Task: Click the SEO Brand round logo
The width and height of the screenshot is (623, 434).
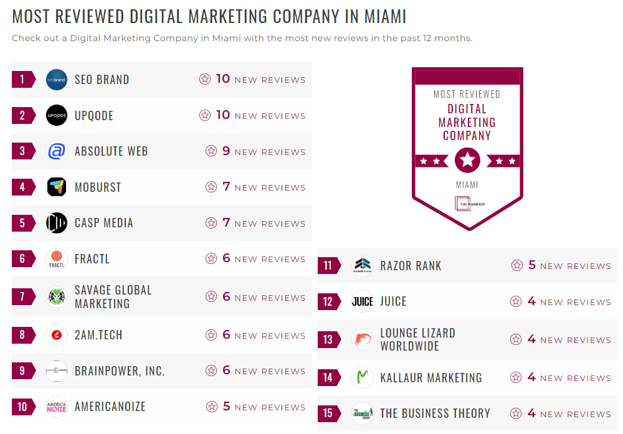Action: point(57,80)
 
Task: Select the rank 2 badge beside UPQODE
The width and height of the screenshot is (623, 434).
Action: point(23,115)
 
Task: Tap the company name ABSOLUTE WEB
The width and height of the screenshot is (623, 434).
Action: point(111,151)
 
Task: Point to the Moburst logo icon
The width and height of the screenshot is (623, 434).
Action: point(57,187)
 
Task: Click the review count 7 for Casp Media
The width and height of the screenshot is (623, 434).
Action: point(226,223)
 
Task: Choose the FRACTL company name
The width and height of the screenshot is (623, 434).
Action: point(92,259)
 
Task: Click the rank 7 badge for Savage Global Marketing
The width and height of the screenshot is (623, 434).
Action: point(23,296)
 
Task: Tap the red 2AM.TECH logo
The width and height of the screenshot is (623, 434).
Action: point(57,335)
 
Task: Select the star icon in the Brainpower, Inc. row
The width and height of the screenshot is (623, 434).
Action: point(211,371)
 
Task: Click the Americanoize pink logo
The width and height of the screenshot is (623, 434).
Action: point(57,407)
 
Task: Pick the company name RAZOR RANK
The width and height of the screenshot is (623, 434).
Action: point(411,266)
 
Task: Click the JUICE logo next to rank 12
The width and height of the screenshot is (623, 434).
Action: point(363,301)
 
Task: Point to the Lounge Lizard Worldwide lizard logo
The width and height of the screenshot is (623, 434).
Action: point(363,339)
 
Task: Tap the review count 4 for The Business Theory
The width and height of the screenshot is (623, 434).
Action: point(531,413)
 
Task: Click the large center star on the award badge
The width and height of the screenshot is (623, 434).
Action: point(467,161)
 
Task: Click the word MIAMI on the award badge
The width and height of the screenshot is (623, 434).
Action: point(467,185)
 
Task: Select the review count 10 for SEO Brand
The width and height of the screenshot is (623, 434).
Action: point(223,79)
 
